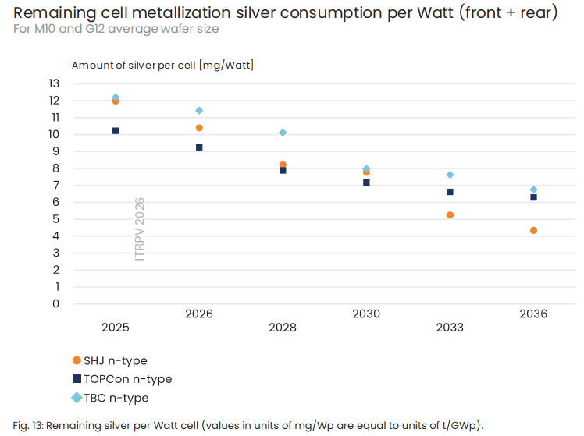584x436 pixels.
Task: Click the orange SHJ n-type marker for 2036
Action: (x=533, y=230)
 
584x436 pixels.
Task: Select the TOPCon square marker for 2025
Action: (x=116, y=130)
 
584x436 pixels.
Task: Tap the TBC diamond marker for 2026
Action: (x=199, y=111)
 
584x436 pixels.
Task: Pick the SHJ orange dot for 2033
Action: (x=450, y=215)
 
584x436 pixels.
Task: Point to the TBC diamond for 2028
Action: (x=283, y=133)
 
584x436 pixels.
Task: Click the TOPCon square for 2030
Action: (x=366, y=183)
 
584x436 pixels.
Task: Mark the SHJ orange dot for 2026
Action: (x=199, y=128)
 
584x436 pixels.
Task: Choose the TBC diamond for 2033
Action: (x=450, y=175)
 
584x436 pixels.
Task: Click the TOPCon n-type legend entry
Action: (x=122, y=379)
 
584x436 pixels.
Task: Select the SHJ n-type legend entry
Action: (x=110, y=360)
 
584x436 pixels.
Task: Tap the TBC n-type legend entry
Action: (x=110, y=398)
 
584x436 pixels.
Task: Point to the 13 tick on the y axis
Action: (x=54, y=83)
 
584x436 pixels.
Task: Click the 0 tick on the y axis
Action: (x=56, y=303)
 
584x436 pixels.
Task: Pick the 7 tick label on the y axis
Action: (x=56, y=185)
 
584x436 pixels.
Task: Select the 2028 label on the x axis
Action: (x=283, y=328)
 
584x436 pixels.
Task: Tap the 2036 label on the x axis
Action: (x=533, y=314)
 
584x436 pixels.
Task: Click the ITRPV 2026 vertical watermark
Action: (x=139, y=229)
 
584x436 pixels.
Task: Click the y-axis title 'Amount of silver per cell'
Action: (x=134, y=65)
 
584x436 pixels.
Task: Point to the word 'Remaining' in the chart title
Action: (x=55, y=13)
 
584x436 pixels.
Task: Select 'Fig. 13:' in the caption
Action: (x=28, y=425)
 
